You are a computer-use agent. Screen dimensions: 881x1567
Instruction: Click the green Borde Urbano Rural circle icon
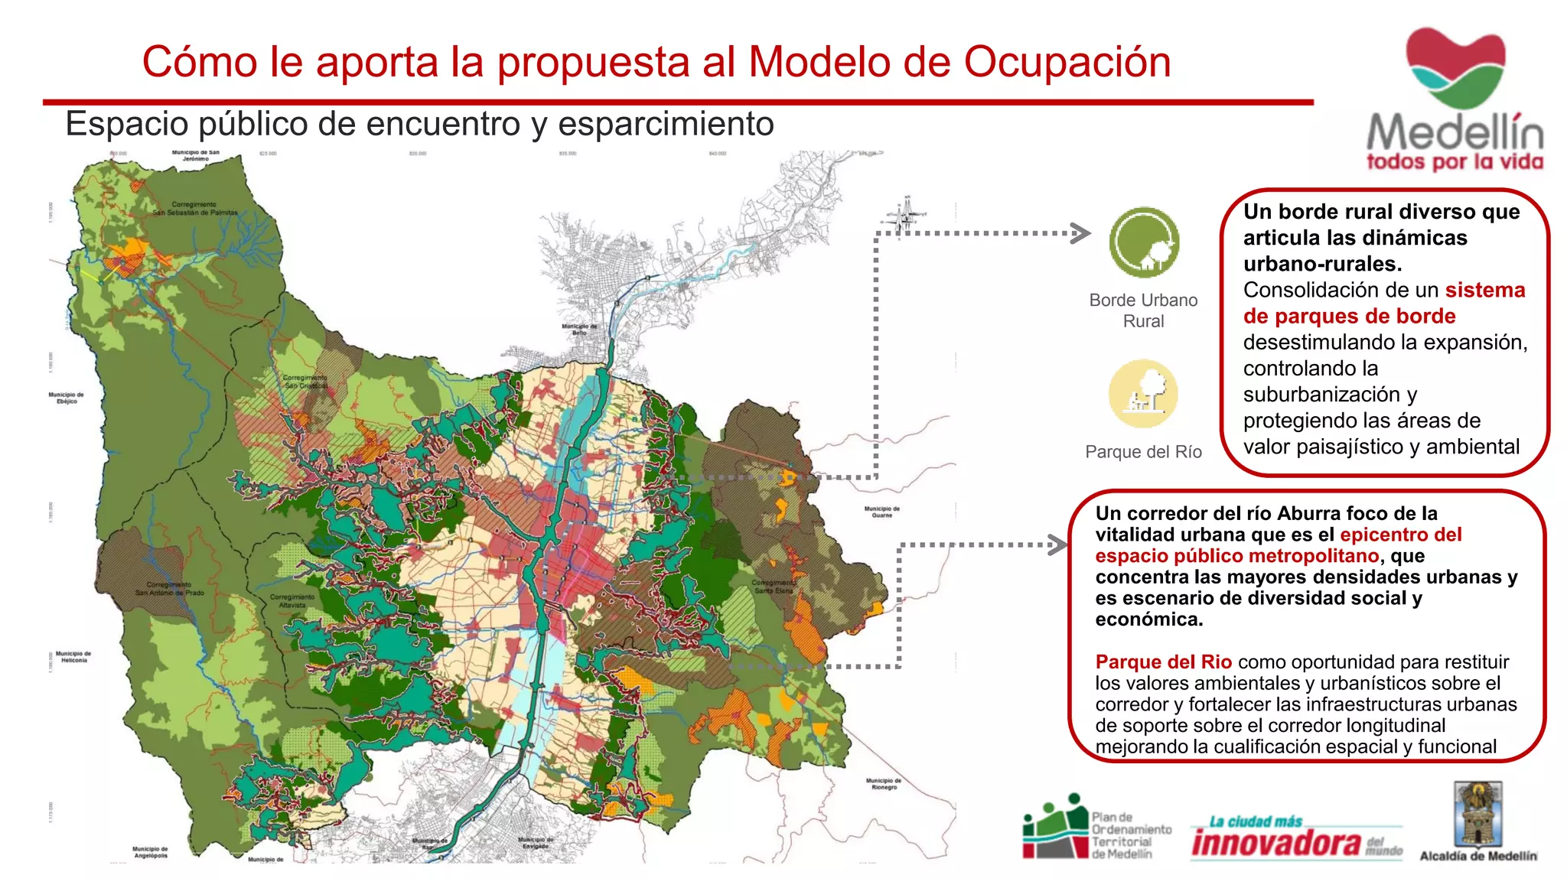(1144, 242)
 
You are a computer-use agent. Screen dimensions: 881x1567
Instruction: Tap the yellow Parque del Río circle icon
(1143, 394)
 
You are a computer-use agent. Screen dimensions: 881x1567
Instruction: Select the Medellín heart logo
(1455, 68)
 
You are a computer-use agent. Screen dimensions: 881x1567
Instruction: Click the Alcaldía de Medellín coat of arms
(1478, 814)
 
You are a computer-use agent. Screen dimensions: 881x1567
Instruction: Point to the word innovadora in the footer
(1275, 843)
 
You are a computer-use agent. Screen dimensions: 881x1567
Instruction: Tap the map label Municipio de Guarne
(882, 512)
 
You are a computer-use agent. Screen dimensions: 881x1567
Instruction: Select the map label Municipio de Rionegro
(884, 784)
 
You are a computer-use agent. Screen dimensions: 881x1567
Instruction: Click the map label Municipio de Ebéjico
(67, 398)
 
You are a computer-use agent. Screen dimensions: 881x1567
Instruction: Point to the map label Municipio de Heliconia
(73, 657)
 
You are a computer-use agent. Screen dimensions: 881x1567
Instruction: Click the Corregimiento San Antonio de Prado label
(170, 589)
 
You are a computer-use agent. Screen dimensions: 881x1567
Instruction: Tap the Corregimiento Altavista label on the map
(292, 600)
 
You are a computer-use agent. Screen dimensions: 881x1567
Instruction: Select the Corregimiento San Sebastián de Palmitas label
(194, 208)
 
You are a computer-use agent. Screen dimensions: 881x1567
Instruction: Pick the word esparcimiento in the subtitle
(666, 124)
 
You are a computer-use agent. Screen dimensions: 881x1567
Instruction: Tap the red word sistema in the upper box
(1484, 290)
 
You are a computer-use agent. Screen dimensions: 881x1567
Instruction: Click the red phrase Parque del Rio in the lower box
(1163, 662)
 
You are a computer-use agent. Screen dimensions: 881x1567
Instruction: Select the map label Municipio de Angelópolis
(150, 852)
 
